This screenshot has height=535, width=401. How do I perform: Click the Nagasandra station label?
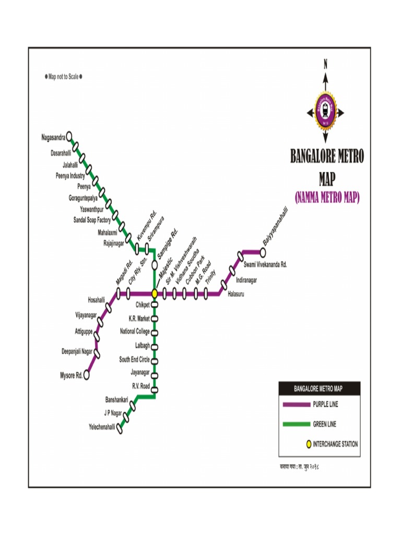(x=53, y=138)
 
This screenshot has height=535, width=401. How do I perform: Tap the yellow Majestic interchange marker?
(x=155, y=294)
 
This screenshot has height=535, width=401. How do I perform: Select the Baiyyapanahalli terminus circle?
(x=263, y=251)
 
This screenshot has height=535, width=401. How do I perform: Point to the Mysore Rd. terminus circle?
(x=87, y=375)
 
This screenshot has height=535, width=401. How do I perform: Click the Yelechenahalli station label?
(x=102, y=427)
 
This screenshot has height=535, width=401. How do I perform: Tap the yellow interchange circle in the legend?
(x=309, y=444)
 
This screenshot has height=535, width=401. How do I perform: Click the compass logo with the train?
(x=325, y=110)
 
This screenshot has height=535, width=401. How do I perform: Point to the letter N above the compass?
(x=325, y=64)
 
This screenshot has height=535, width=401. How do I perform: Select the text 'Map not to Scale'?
(x=63, y=77)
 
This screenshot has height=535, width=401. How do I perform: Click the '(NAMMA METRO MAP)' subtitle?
(x=327, y=198)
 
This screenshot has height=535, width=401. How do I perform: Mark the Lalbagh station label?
(x=143, y=345)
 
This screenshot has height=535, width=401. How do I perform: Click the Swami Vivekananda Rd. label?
(x=265, y=265)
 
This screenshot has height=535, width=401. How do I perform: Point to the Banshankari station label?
(x=117, y=400)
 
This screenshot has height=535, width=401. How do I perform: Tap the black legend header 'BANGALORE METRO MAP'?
(x=318, y=389)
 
